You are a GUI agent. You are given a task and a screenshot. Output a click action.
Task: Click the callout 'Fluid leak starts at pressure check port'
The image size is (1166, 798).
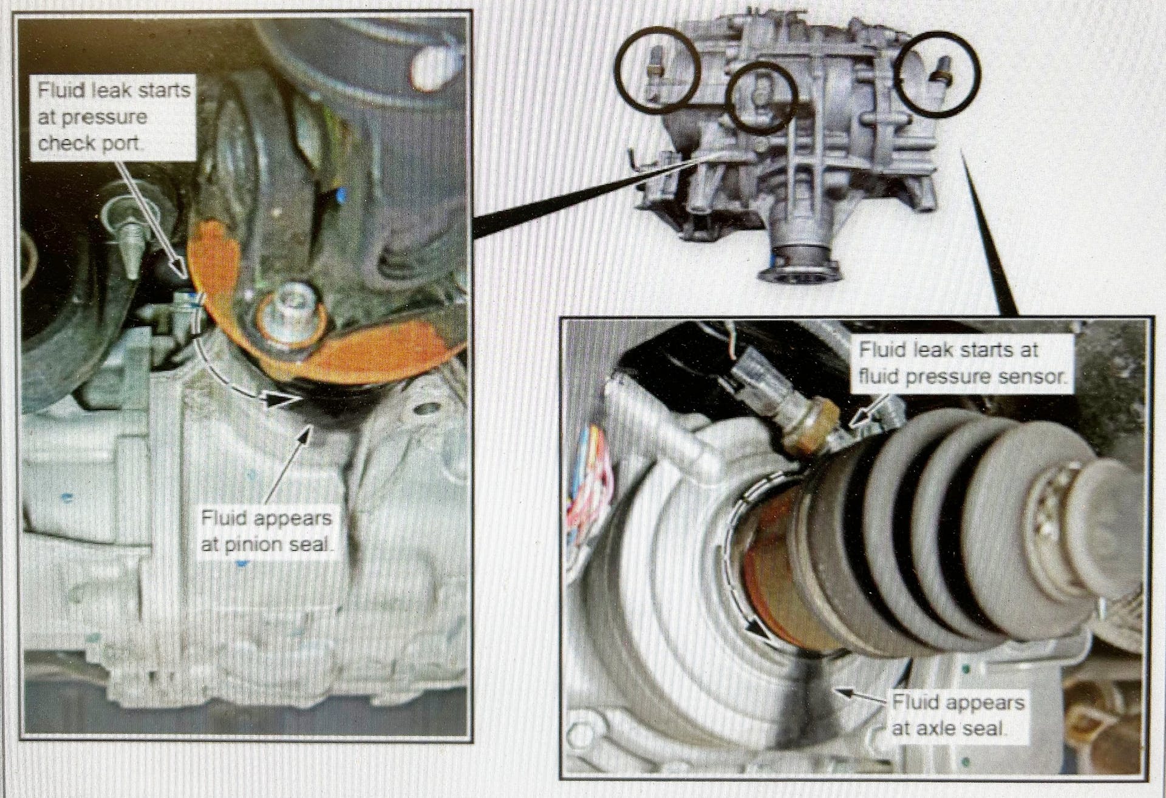click(114, 117)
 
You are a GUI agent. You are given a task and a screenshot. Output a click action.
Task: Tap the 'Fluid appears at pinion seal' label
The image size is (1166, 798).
click(267, 531)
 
